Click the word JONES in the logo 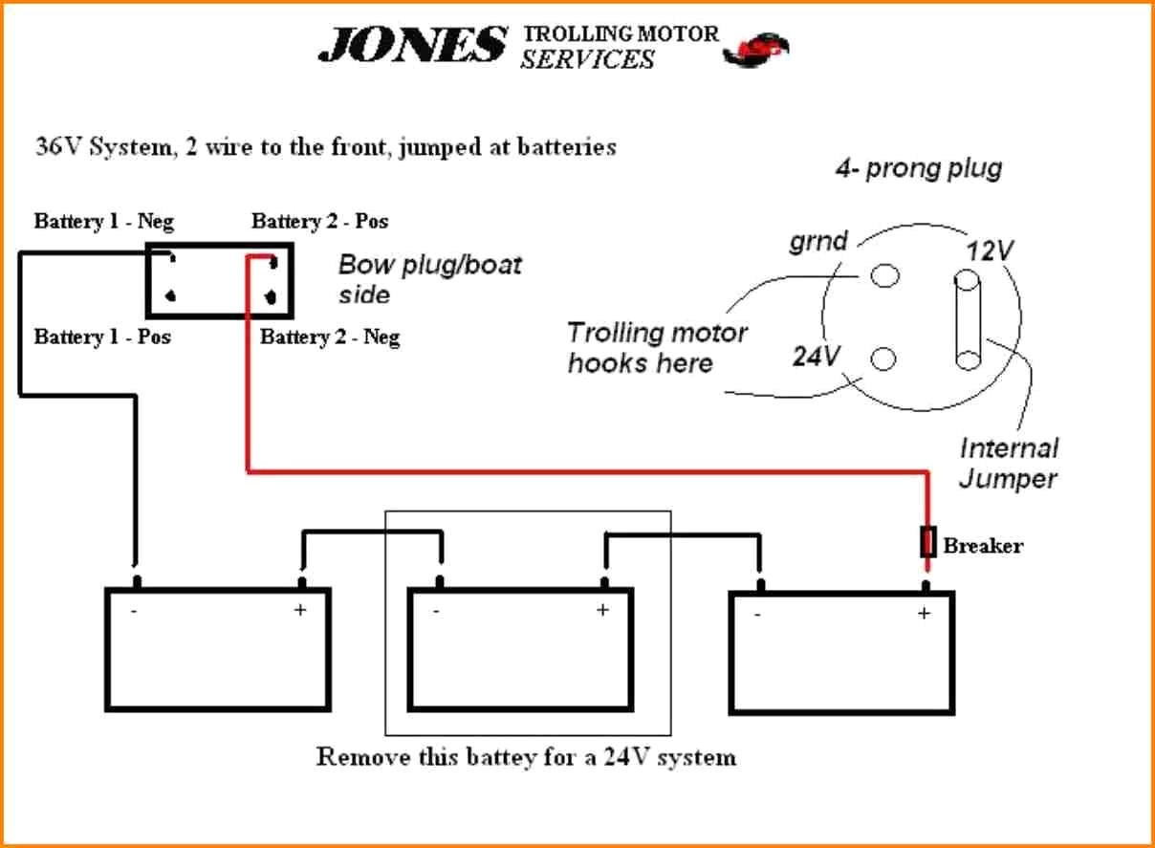point(412,45)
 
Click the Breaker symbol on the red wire point(926,542)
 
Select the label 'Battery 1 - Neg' point(104,222)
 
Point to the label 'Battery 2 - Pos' point(320,222)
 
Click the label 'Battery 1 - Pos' point(102,337)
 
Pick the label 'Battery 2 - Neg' point(330,337)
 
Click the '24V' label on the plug point(816,357)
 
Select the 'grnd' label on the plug point(818,241)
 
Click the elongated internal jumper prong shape point(967,320)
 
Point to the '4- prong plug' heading point(918,170)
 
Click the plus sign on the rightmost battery point(924,614)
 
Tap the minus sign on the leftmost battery point(134,612)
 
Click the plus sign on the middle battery point(602,611)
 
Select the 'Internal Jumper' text point(1009,463)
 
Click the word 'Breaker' point(983,546)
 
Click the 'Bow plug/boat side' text point(430,278)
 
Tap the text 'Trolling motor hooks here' point(657,347)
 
